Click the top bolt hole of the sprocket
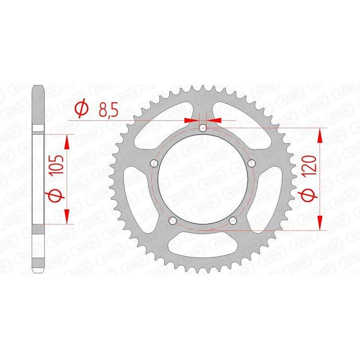click(202, 128)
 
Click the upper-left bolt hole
click(153, 163)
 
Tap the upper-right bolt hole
click(252, 163)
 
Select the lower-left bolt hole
click(172, 220)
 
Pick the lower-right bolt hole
click(233, 220)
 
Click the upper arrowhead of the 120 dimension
click(320, 135)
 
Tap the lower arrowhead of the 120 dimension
click(320, 224)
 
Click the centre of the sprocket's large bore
click(202, 180)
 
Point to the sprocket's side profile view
click(39, 180)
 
